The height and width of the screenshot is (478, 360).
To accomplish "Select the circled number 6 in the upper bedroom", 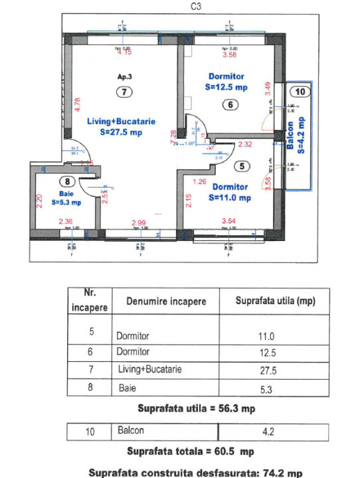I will tap(228, 104).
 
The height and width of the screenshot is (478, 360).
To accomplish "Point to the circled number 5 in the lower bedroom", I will tap(242, 166).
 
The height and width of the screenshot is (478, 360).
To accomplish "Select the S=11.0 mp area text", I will tap(229, 197).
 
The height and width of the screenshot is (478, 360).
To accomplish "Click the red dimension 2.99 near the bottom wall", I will tap(138, 222).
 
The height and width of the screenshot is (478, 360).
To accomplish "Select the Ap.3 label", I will tap(124, 77).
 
